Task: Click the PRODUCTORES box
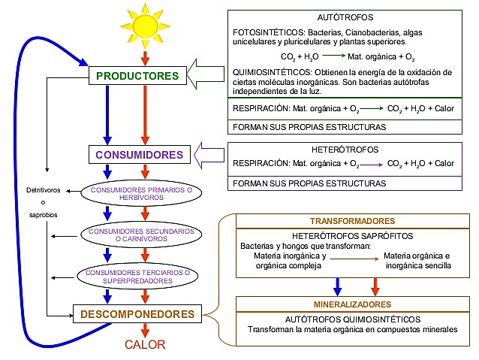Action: (137, 76)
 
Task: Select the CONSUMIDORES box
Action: (139, 155)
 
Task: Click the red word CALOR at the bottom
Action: (145, 344)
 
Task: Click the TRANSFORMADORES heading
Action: (352, 222)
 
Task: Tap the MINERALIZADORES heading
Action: (352, 304)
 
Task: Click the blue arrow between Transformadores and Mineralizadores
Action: (339, 285)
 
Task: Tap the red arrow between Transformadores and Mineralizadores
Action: (374, 285)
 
